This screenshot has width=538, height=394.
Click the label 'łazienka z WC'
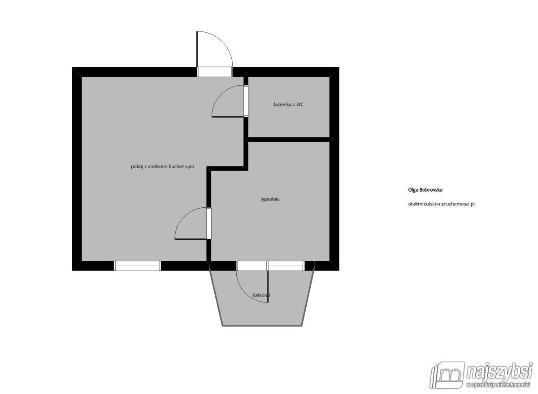tap(288, 105)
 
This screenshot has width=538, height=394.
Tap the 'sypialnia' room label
tap(270, 199)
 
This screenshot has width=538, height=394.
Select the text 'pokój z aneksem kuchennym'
tap(163, 166)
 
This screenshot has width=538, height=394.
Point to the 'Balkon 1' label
tap(261, 295)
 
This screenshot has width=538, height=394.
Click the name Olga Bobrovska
tap(425, 190)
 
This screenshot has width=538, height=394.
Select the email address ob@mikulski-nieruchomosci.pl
tap(442, 204)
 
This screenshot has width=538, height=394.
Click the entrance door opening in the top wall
tap(215, 72)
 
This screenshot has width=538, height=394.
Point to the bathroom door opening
tap(246, 101)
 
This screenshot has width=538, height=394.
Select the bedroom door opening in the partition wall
tap(209, 223)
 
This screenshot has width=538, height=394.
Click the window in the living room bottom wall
tap(137, 266)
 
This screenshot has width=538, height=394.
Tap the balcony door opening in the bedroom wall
tap(252, 266)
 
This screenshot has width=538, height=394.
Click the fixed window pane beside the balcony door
tap(286, 266)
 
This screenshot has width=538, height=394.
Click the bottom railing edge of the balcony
tap(262, 325)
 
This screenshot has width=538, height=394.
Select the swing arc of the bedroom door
tap(184, 217)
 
